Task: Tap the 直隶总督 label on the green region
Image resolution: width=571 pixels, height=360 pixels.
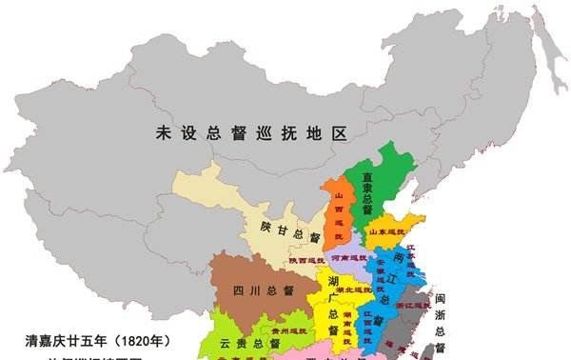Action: point(366,190)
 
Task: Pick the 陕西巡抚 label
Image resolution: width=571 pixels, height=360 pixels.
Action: point(306,260)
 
